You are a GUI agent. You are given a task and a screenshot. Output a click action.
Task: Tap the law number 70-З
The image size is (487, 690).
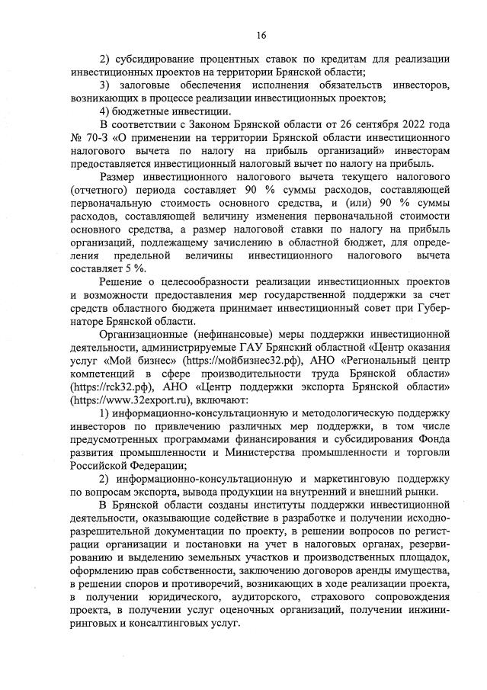[99, 138]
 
